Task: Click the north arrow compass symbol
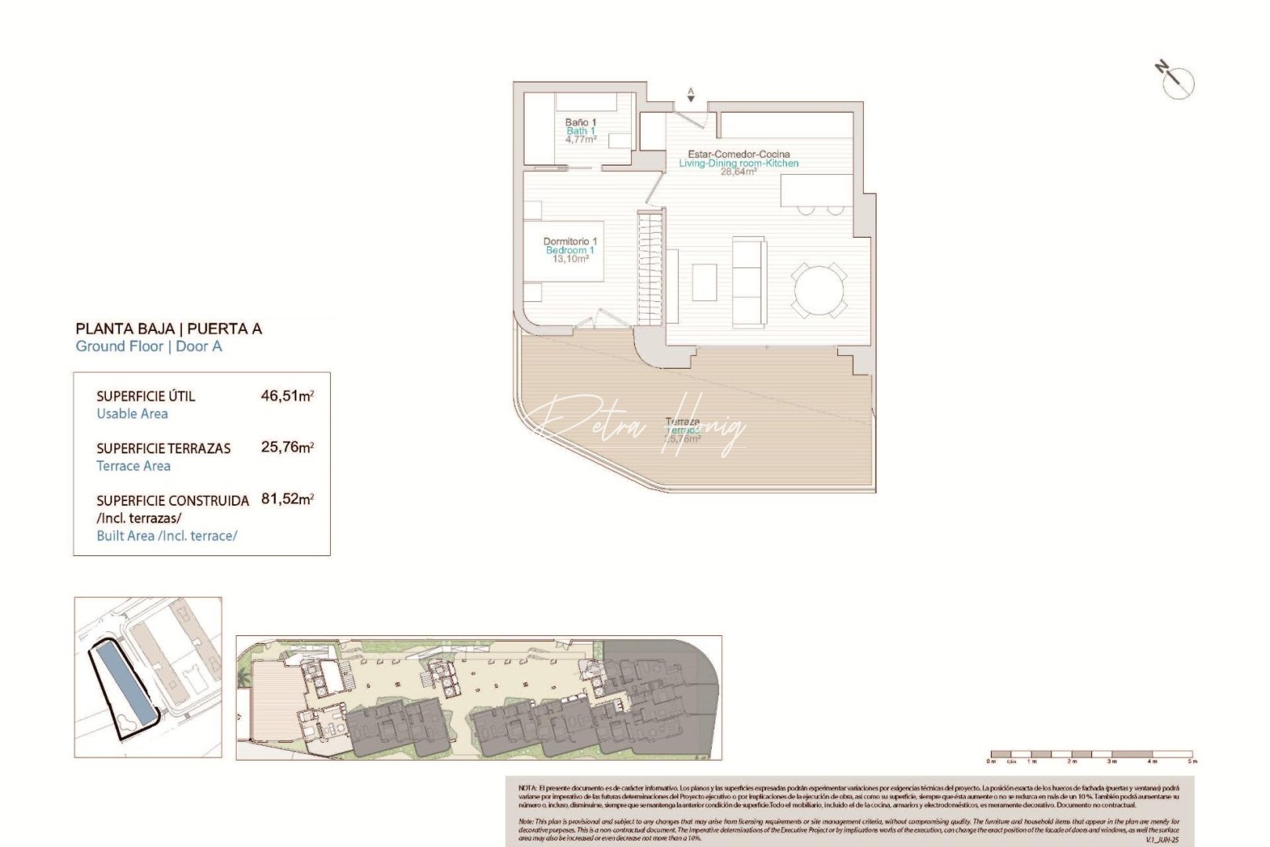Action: tap(1177, 82)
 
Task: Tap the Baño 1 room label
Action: tap(581, 123)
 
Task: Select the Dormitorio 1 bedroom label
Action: tap(570, 242)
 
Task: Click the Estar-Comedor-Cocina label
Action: tap(738, 154)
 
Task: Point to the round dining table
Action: tap(819, 291)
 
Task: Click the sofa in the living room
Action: tap(749, 282)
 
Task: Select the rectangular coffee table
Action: tap(704, 282)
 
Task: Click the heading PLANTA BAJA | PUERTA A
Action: tap(169, 329)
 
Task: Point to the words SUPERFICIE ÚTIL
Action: tap(146, 396)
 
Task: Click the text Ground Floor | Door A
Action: tap(149, 347)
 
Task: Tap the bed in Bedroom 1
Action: tap(563, 252)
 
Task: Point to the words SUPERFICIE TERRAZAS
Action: tap(163, 449)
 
